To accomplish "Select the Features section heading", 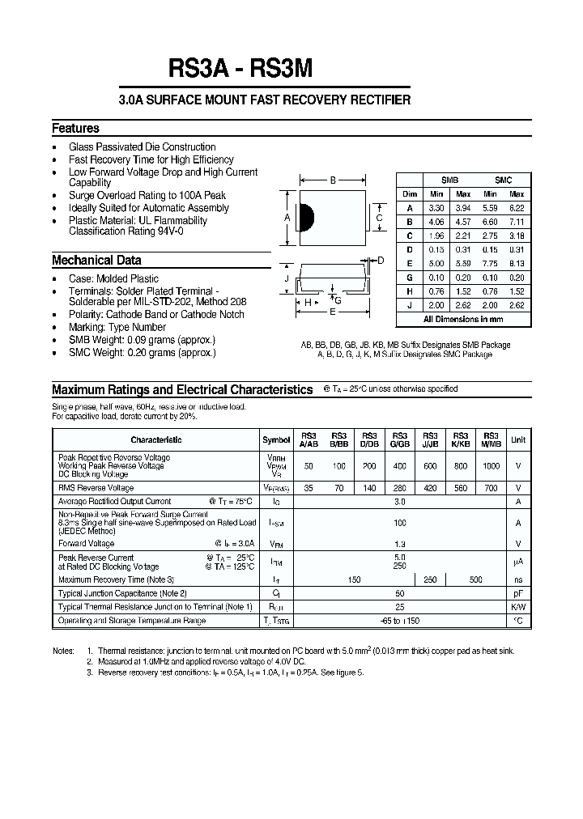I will (x=75, y=129).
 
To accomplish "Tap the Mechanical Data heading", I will (x=96, y=261).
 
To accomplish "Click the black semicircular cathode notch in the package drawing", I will (x=306, y=218).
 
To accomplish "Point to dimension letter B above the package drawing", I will (x=333, y=181).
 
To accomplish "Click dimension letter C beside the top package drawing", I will (x=379, y=218).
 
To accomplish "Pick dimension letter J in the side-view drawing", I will (x=287, y=279).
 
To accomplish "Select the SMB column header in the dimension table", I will (x=449, y=180).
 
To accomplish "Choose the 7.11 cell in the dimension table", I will (x=517, y=221).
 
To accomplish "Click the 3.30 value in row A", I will (x=436, y=207).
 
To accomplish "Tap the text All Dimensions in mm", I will (x=463, y=320).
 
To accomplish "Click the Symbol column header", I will (x=276, y=439).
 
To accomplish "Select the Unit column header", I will (x=518, y=439).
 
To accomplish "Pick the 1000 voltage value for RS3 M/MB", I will (x=492, y=466).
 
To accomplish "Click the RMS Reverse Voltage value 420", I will (x=430, y=488).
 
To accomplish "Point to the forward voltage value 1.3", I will (x=399, y=544).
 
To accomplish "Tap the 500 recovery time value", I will (x=476, y=579).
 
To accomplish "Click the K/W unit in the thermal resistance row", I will (x=518, y=606).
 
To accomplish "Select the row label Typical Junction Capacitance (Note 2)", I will (x=122, y=593).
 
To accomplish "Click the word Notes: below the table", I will (x=63, y=651).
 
